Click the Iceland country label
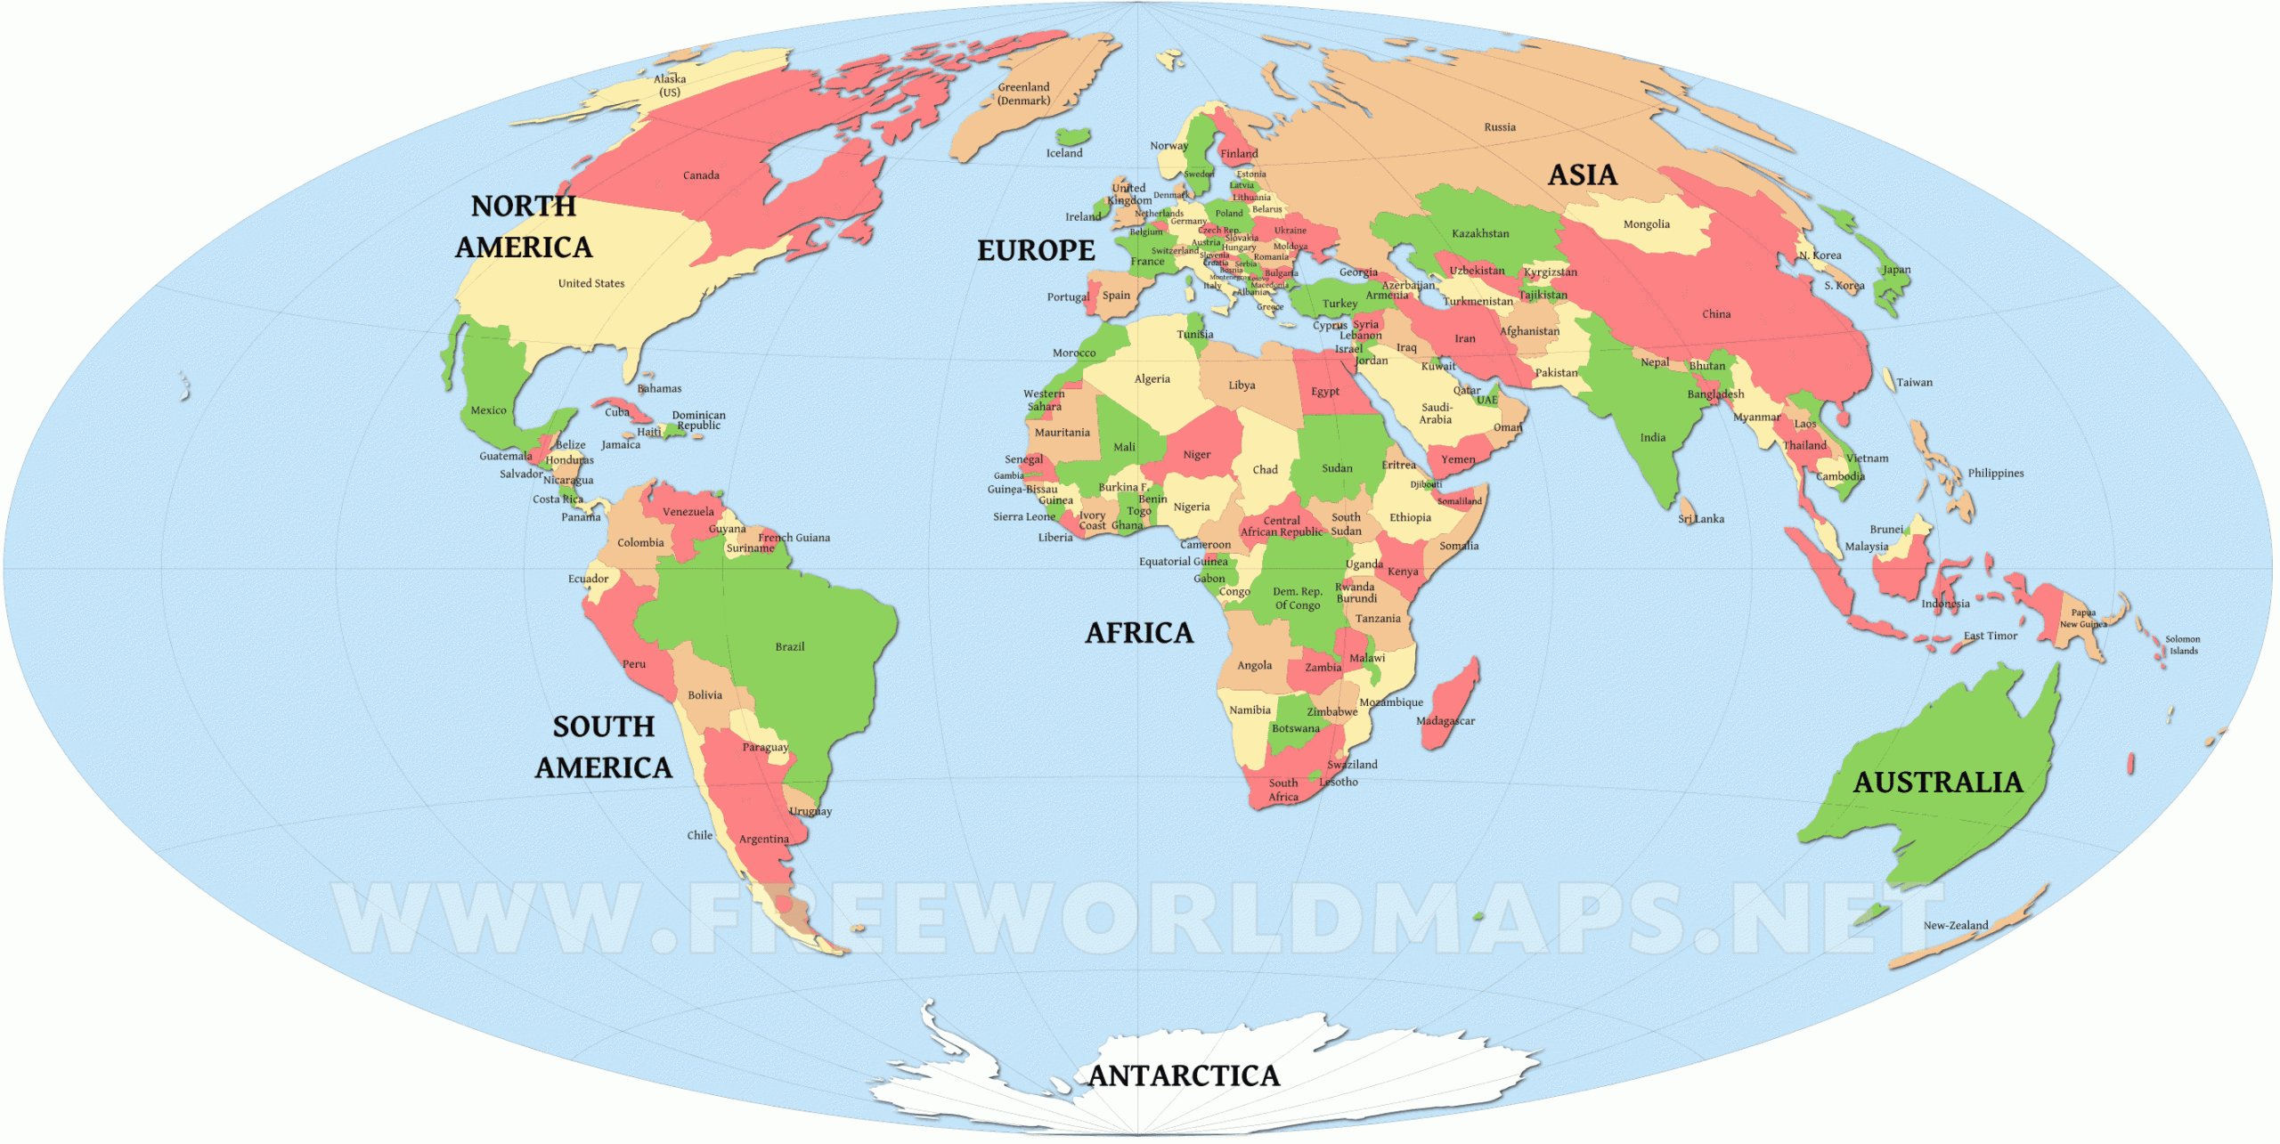click(1063, 153)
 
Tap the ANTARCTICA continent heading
click(1184, 1075)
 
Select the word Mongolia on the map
click(1646, 224)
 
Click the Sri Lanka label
click(1700, 519)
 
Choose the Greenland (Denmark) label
click(1023, 93)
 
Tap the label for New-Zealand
click(1955, 926)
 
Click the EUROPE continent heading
click(1036, 250)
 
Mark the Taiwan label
click(1914, 383)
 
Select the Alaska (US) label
click(670, 85)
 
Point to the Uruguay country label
click(810, 811)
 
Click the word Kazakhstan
click(1480, 233)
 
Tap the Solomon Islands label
click(2182, 645)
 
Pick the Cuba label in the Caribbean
click(616, 412)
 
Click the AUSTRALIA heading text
click(1938, 782)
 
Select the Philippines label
click(1995, 473)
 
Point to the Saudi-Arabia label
click(1435, 413)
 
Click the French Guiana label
click(794, 538)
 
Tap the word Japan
click(1896, 270)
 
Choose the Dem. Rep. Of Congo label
click(1297, 598)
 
